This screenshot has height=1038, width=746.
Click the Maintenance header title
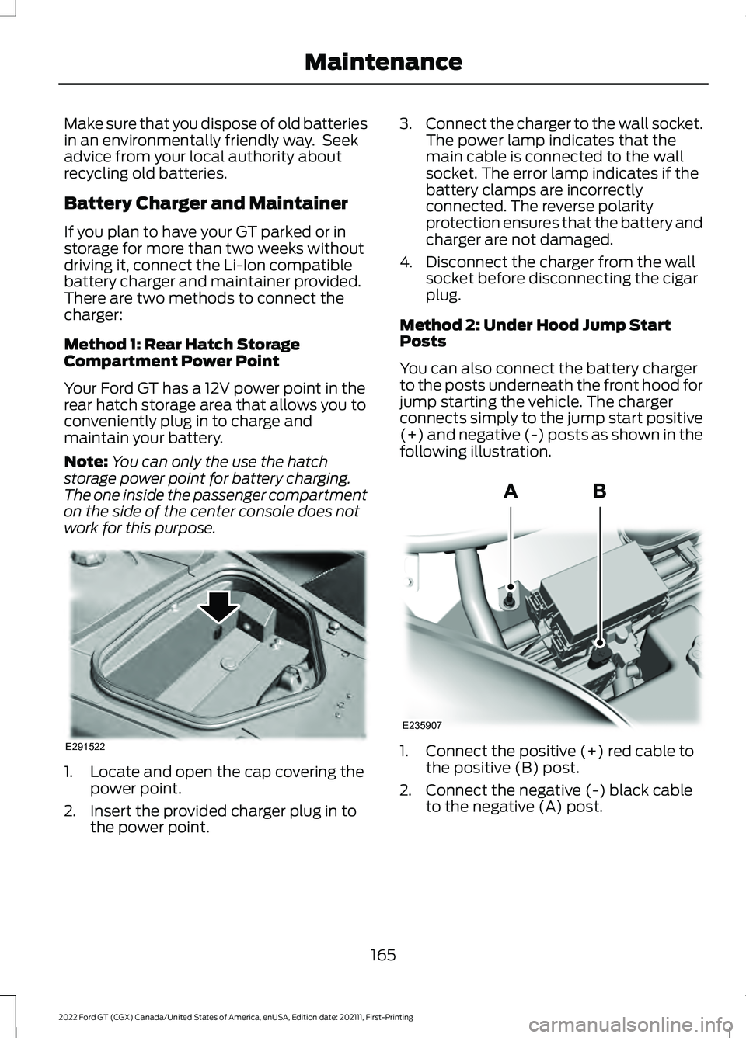click(x=383, y=61)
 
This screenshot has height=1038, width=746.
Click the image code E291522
click(x=84, y=746)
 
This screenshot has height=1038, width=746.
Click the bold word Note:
click(x=86, y=461)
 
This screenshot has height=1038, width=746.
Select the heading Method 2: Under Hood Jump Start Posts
click(x=535, y=333)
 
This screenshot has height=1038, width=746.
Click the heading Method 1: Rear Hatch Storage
click(x=182, y=344)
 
